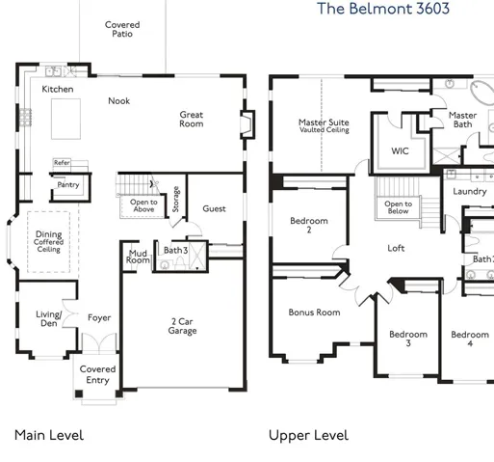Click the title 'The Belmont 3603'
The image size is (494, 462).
coord(383,9)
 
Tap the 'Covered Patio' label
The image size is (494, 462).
coord(122,29)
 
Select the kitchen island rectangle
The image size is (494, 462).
coord(65,119)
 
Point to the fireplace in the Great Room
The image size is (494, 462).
coord(247,124)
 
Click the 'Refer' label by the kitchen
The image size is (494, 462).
coord(62,163)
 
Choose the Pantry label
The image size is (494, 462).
coord(68,184)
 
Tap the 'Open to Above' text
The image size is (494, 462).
coord(143,205)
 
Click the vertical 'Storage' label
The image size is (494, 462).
coord(175,199)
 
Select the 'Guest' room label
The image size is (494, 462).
coord(214,209)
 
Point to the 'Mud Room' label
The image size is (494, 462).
coord(138,257)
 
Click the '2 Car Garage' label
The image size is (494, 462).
coord(182,326)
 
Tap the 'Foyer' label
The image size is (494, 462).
coord(99,318)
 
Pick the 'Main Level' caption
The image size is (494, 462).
coord(49,435)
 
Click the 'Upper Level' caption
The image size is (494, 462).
coord(308,436)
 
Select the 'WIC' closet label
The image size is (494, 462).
coord(400,150)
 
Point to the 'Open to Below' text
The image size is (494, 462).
coord(398,207)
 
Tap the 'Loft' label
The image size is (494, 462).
coord(396,248)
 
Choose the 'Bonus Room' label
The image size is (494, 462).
coord(314,313)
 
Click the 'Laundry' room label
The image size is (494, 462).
coord(470,192)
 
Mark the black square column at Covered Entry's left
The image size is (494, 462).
coord(79,394)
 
